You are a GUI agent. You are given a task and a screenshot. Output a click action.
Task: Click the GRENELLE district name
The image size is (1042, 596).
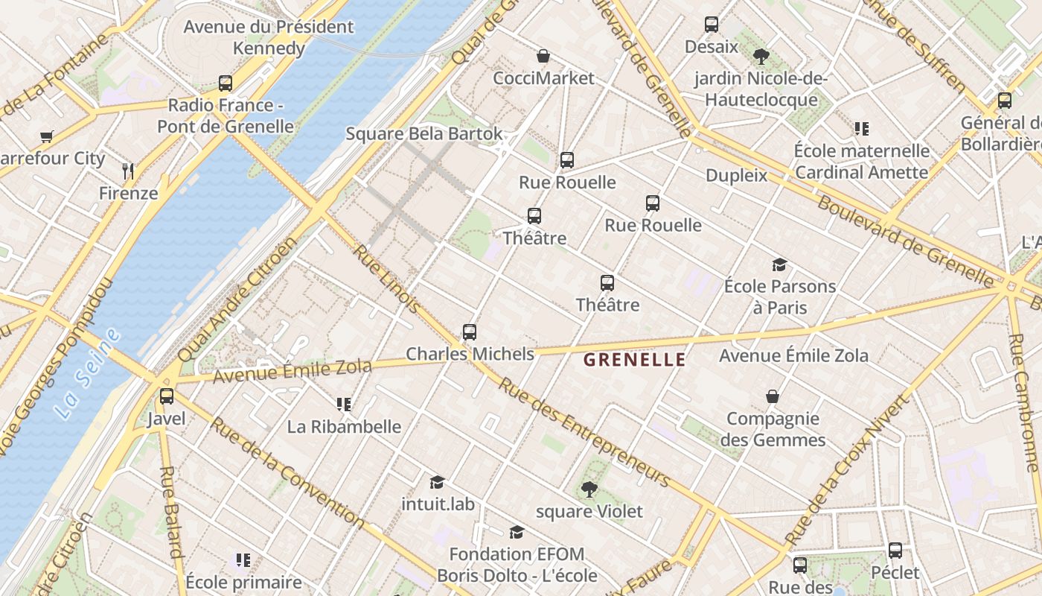[634, 360]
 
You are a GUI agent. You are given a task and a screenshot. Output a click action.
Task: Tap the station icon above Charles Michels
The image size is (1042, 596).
[469, 332]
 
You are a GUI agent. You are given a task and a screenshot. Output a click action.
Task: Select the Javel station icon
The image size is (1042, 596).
[167, 396]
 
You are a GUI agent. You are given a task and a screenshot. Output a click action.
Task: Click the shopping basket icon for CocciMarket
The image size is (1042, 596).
[543, 56]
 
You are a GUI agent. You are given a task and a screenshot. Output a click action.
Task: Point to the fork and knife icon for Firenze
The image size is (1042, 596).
[128, 171]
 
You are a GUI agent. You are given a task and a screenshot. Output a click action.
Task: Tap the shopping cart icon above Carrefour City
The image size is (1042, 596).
[47, 136]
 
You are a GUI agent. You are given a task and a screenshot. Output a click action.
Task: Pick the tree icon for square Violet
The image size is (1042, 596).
[589, 489]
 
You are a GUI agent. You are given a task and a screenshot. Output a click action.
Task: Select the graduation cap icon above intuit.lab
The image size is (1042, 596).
[437, 482]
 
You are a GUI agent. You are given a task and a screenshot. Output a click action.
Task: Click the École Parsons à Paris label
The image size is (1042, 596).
[779, 297]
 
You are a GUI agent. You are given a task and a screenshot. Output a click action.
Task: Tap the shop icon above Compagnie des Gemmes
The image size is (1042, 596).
[773, 396]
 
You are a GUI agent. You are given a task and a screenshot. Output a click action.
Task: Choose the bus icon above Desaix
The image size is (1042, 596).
[712, 25]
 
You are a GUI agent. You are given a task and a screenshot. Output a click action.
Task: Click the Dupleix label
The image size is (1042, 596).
[736, 176]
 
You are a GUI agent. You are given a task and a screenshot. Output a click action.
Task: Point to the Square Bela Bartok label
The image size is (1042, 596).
[424, 134]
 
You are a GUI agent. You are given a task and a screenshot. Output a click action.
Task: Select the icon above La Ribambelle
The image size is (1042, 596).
[343, 405]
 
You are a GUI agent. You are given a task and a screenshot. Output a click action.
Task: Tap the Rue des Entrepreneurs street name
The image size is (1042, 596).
[584, 432]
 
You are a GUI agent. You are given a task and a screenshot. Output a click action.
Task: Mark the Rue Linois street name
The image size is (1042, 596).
[386, 279]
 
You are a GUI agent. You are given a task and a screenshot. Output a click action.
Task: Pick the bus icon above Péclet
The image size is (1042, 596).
[895, 551]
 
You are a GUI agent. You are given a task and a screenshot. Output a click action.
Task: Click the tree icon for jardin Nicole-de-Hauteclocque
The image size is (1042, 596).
[761, 56]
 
